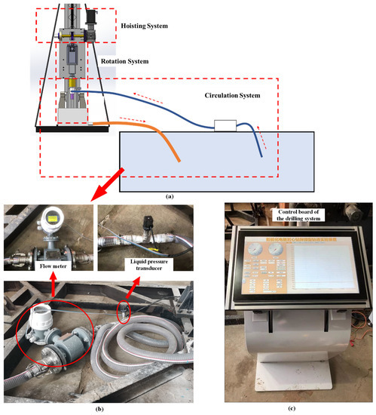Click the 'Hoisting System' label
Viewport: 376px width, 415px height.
[x=144, y=26]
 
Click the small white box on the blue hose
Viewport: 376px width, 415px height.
[x=225, y=125]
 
